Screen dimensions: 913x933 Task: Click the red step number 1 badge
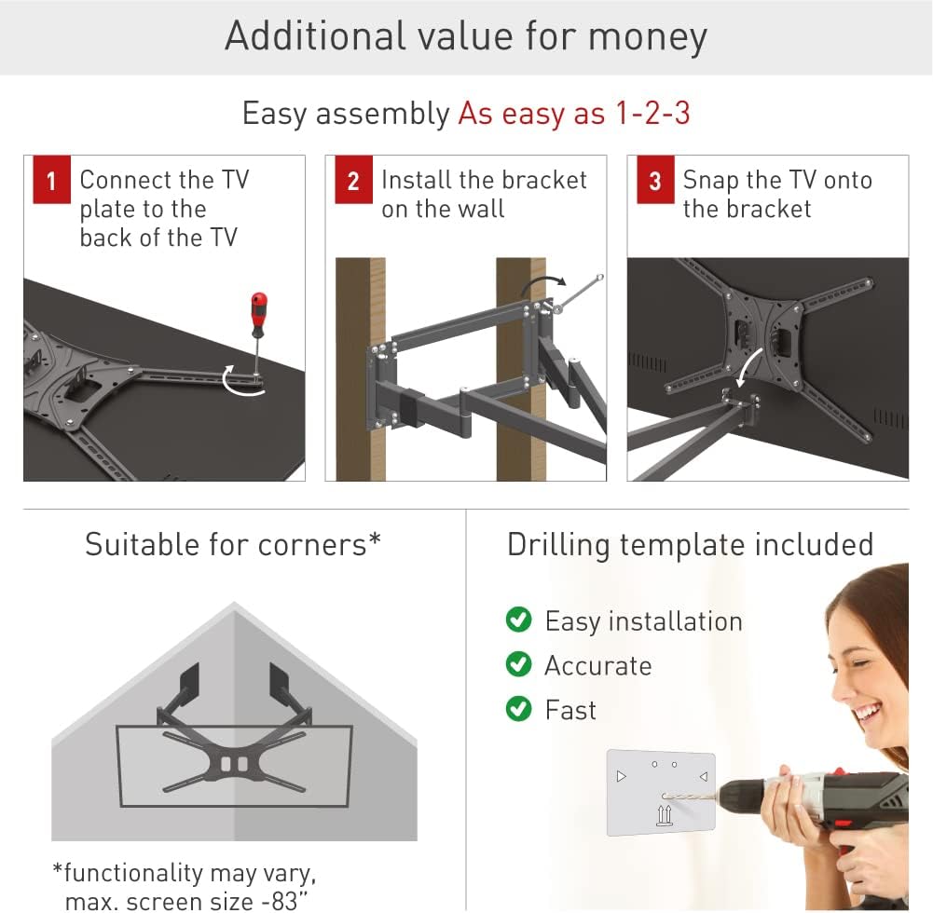(x=50, y=182)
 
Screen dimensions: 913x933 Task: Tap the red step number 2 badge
(x=352, y=182)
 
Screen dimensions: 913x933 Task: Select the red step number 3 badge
(x=654, y=182)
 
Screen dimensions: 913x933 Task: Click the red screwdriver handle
(x=258, y=313)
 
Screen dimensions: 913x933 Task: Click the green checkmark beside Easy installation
(x=518, y=620)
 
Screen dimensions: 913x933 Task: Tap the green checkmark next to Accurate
(x=518, y=664)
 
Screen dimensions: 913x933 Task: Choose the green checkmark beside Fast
(x=518, y=709)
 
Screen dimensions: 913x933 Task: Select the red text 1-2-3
(x=652, y=114)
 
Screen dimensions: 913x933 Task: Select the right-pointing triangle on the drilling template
(x=622, y=775)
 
